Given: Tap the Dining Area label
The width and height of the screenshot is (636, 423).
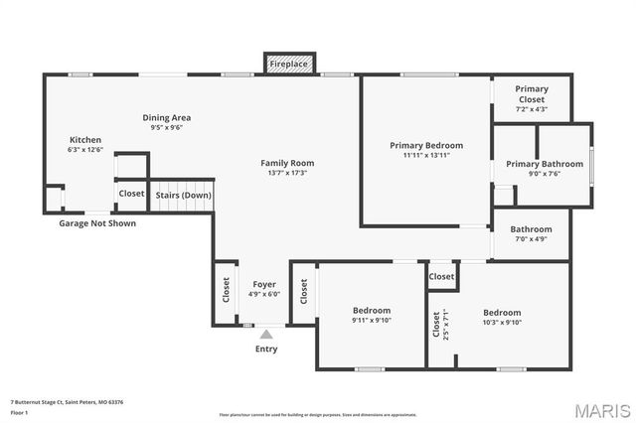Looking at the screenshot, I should (x=167, y=117).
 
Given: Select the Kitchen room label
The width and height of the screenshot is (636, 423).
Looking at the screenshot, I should (x=84, y=139).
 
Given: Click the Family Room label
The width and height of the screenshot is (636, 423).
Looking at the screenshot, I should (x=287, y=163).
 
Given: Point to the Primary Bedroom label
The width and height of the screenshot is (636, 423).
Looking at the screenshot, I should (x=425, y=145).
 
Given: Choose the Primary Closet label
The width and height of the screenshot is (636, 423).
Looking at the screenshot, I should (x=531, y=94).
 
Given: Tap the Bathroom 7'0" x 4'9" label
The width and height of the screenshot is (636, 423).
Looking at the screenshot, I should (x=532, y=229).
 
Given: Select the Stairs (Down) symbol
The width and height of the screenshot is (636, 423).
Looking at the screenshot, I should (x=183, y=195).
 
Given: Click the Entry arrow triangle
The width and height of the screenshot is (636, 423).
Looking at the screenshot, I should (x=265, y=335).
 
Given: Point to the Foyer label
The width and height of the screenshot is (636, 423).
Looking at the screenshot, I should (x=264, y=284).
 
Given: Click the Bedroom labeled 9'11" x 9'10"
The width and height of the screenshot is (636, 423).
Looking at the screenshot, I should (x=372, y=311).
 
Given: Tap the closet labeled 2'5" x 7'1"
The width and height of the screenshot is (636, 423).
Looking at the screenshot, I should (x=435, y=324).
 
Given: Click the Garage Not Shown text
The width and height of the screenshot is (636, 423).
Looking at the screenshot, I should (x=97, y=223).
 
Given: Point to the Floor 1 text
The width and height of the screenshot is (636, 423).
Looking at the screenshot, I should (x=20, y=411).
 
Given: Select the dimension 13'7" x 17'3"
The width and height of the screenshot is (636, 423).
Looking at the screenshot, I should (x=287, y=173).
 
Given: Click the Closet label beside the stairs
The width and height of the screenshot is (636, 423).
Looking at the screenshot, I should (x=131, y=195).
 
